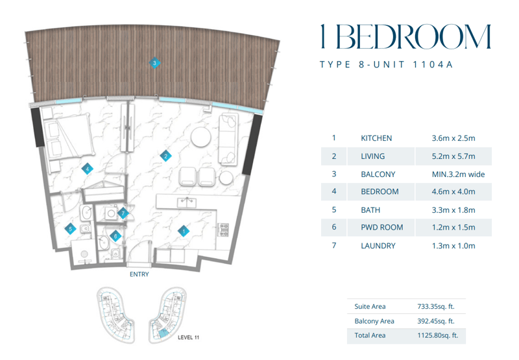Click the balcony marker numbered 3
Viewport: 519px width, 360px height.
click(154, 62)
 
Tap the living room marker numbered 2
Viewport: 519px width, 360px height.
click(165, 156)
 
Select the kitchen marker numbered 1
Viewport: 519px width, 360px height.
click(184, 231)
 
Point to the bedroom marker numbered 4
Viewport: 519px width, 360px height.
click(88, 169)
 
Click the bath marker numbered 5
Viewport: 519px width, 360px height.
click(70, 228)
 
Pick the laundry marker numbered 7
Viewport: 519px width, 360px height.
click(123, 213)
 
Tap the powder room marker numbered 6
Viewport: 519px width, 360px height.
click(115, 236)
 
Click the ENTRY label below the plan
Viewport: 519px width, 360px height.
click(139, 274)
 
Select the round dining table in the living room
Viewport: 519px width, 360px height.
click(201, 137)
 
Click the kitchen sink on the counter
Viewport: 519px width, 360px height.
click(187, 202)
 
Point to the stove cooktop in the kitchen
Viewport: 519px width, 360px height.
click(223, 230)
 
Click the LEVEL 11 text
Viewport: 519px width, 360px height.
click(188, 337)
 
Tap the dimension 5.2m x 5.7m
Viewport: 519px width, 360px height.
click(453, 156)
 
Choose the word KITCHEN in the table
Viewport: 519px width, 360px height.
click(376, 138)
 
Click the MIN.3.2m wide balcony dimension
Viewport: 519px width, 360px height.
click(458, 174)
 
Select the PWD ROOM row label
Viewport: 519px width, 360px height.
click(382, 227)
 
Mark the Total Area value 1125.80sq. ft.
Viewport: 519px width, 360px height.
click(438, 335)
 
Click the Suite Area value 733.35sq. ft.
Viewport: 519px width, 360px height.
click(436, 306)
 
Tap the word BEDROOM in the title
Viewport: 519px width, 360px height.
click(413, 36)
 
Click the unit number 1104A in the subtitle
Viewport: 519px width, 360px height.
click(433, 64)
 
